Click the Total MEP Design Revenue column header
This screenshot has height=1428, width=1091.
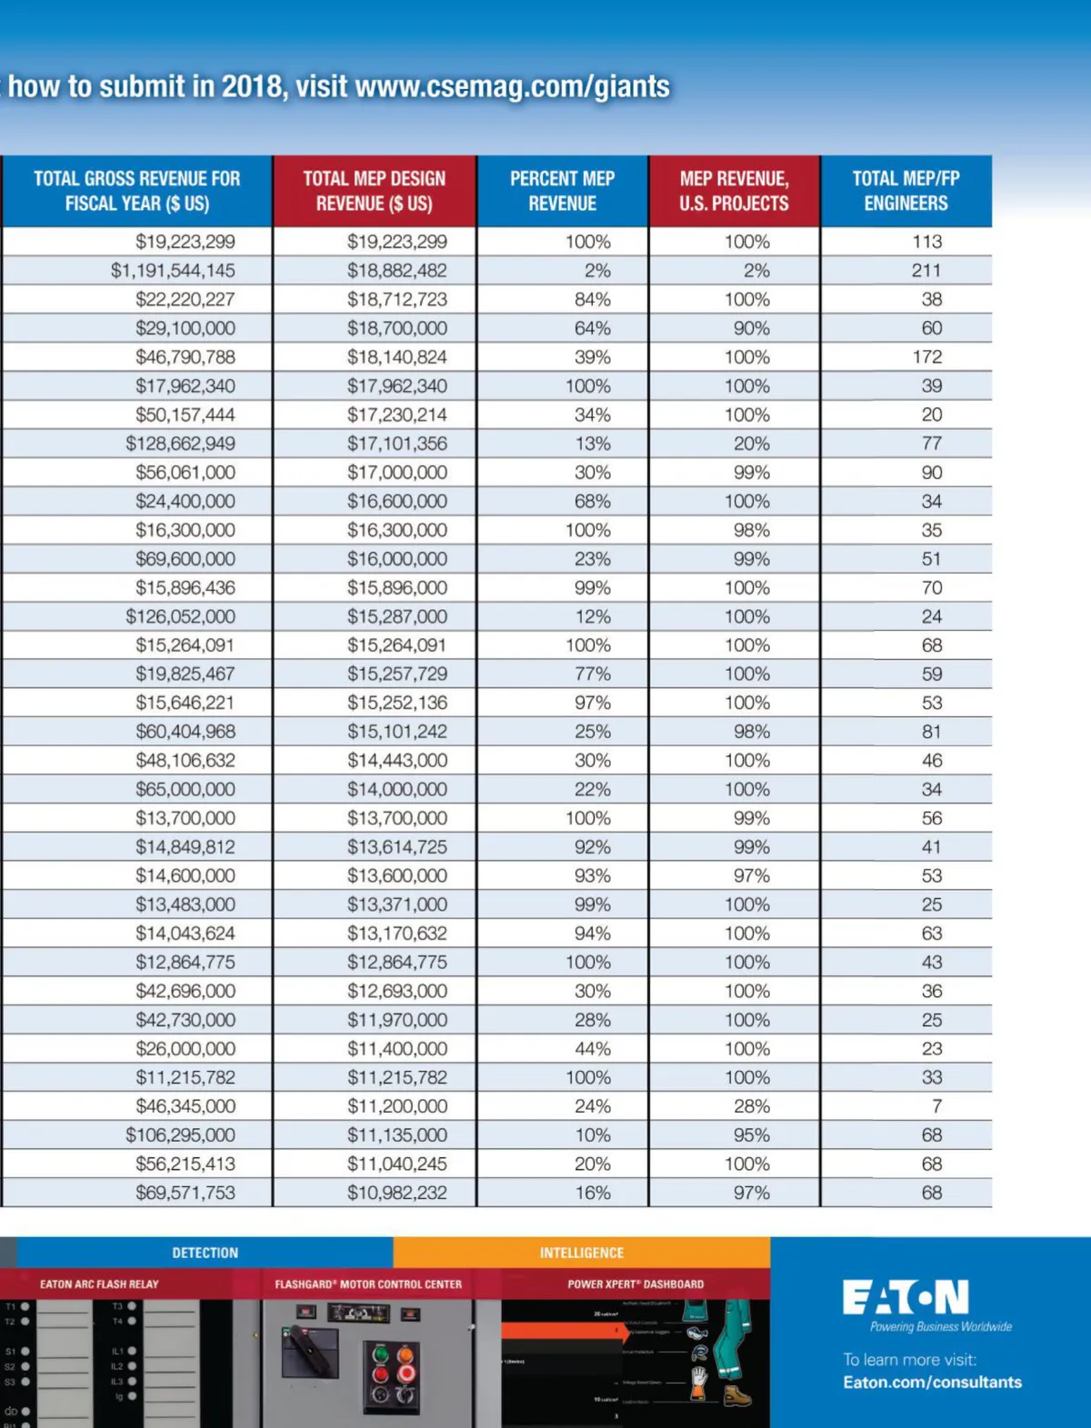pyautogui.click(x=374, y=191)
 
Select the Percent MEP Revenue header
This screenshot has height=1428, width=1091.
pyautogui.click(x=562, y=191)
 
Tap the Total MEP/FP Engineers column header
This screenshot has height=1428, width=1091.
pyautogui.click(x=906, y=191)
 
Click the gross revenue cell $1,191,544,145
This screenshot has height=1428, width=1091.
pyautogui.click(x=173, y=270)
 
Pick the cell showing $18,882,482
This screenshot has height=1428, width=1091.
pyautogui.click(x=396, y=270)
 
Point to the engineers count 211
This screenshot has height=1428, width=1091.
pyautogui.click(x=926, y=270)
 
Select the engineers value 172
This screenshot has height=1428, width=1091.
pyautogui.click(x=927, y=356)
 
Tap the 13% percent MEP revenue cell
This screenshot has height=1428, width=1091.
pyautogui.click(x=592, y=444)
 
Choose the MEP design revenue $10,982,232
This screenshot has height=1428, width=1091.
pyautogui.click(x=396, y=1193)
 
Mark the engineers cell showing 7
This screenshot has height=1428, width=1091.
pyautogui.click(x=936, y=1106)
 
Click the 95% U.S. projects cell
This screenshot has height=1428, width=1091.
pyautogui.click(x=751, y=1135)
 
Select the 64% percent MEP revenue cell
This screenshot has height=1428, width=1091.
pyautogui.click(x=592, y=328)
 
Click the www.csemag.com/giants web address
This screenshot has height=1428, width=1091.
pyautogui.click(x=512, y=87)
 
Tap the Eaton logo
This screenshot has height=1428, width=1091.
pyautogui.click(x=906, y=1297)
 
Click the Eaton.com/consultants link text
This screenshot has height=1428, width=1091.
pyautogui.click(x=932, y=1383)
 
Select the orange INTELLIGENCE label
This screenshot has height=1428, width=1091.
pyautogui.click(x=582, y=1253)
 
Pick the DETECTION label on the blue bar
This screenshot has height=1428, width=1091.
pyautogui.click(x=205, y=1253)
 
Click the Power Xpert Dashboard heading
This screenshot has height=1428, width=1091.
pyautogui.click(x=636, y=1284)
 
